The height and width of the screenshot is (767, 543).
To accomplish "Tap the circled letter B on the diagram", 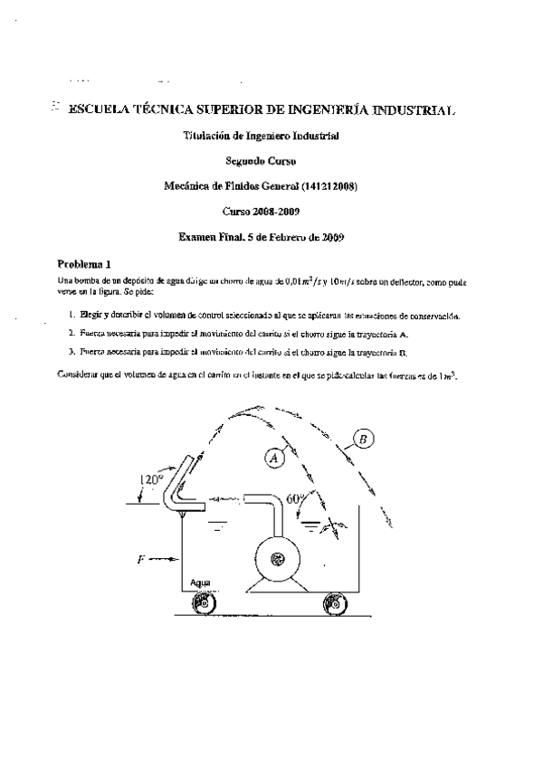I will point(362,440).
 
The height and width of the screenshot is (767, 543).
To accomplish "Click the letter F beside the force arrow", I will point(140,560).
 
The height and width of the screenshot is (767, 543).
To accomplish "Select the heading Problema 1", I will point(84,265).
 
